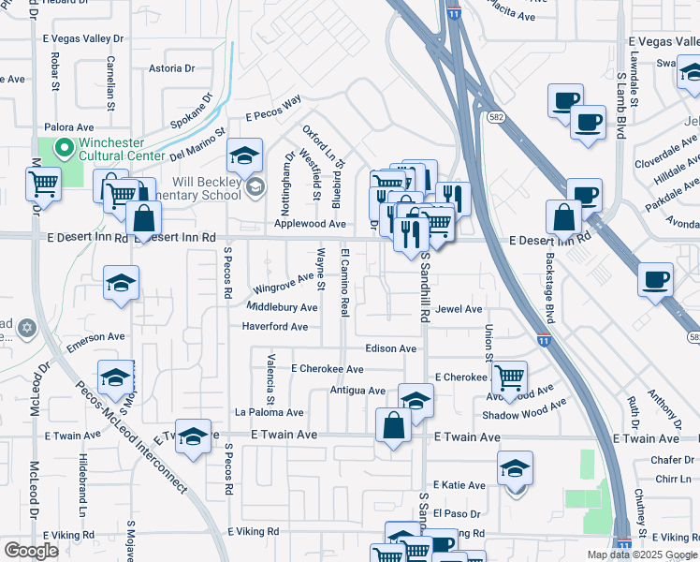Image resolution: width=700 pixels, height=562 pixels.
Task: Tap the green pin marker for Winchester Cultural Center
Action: [x=64, y=147]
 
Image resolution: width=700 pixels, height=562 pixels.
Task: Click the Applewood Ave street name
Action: [x=311, y=225]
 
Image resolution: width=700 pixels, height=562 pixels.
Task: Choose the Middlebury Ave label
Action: [x=282, y=307]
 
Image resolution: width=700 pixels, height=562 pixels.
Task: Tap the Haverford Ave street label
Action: [x=275, y=327]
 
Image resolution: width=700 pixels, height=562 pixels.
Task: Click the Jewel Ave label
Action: [x=459, y=309]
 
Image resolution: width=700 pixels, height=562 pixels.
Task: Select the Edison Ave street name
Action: [x=390, y=348]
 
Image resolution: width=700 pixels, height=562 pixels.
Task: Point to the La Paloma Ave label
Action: [x=270, y=412]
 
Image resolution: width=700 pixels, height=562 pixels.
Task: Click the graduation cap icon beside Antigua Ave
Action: [x=416, y=399]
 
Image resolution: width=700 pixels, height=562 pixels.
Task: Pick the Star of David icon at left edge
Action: [x=26, y=328]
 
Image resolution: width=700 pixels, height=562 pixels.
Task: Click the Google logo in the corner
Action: [x=31, y=551]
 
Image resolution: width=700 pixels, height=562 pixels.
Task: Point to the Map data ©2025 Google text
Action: [x=641, y=555]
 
